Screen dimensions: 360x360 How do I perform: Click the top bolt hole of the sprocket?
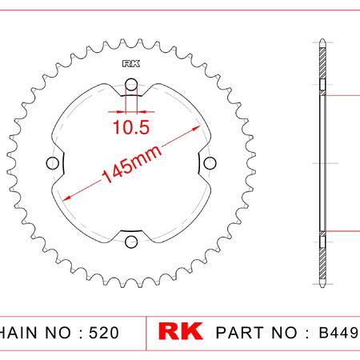point(131,85)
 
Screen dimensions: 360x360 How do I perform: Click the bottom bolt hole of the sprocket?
point(131,242)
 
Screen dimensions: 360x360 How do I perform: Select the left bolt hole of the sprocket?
point(53,163)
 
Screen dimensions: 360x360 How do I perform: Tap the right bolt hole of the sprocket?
point(210,163)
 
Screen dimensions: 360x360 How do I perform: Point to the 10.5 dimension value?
point(131,127)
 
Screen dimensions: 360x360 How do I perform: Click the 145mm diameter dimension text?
point(132,164)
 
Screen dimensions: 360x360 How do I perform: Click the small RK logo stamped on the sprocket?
point(131,64)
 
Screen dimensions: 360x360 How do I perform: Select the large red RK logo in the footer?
point(180,331)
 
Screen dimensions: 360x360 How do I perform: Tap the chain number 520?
point(104,333)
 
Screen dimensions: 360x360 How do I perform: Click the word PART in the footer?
point(241,333)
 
